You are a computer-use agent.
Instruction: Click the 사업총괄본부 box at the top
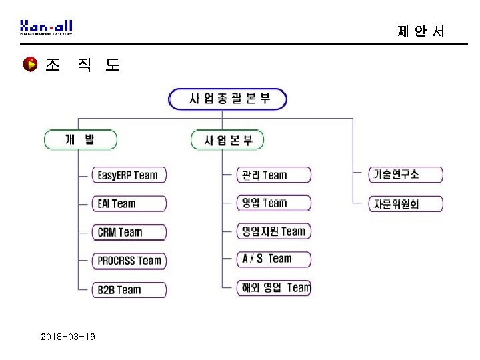click(228, 99)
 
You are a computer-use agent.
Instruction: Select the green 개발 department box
click(81, 140)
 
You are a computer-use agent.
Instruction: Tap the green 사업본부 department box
click(228, 141)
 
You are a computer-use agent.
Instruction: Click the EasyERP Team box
click(129, 175)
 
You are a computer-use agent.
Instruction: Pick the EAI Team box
click(129, 204)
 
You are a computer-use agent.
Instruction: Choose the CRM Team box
click(129, 233)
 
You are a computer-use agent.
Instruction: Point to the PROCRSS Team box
click(129, 261)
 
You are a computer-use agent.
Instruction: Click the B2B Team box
click(129, 289)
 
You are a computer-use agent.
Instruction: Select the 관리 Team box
click(274, 175)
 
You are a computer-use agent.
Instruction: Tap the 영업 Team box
click(274, 203)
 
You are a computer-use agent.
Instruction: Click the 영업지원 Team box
click(274, 231)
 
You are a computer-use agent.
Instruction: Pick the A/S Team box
click(274, 259)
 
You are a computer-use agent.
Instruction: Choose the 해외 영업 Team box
click(274, 288)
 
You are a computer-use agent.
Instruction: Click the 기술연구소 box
click(405, 175)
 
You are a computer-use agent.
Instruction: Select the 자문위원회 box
click(405, 204)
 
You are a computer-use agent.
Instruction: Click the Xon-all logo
click(46, 27)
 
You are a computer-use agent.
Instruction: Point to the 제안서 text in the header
click(420, 31)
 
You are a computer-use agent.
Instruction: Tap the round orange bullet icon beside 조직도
click(29, 65)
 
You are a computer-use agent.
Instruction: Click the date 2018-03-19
click(67, 337)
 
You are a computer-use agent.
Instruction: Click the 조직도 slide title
click(82, 65)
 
